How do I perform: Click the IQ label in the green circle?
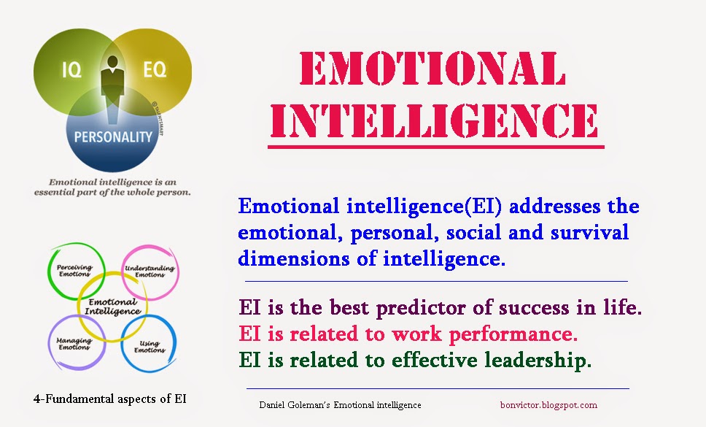pyautogui.click(x=71, y=70)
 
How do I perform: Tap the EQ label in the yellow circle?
pyautogui.click(x=155, y=69)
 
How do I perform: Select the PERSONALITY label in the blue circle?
pyautogui.click(x=113, y=137)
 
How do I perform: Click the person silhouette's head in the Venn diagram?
pyautogui.click(x=112, y=62)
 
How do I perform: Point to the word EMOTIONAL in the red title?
pyautogui.click(x=432, y=68)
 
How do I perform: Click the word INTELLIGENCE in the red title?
pyautogui.click(x=434, y=120)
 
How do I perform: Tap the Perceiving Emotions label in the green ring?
pyautogui.click(x=74, y=270)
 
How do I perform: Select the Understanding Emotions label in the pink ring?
pyautogui.click(x=150, y=271)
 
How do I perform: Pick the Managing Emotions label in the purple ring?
pyautogui.click(x=74, y=344)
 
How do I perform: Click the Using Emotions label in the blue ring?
pyautogui.click(x=150, y=347)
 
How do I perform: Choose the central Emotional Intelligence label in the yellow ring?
pyautogui.click(x=112, y=307)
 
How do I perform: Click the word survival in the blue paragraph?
pyautogui.click(x=589, y=232)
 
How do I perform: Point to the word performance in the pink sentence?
pyautogui.click(x=513, y=334)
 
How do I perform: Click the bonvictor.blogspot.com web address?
pyautogui.click(x=548, y=405)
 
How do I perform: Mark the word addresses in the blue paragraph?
pyautogui.click(x=555, y=207)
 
